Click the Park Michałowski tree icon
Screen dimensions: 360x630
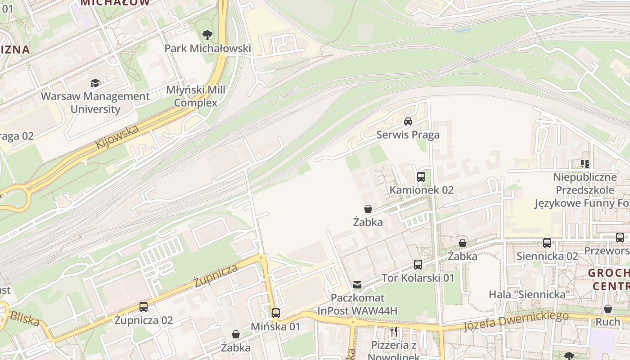(x=207, y=35)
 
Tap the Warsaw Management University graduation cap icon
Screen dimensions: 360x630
(x=95, y=83)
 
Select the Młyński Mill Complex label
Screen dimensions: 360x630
(x=196, y=96)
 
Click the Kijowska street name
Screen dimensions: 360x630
(x=117, y=137)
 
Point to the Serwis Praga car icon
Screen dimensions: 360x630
(x=408, y=121)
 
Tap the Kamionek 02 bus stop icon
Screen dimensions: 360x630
(x=421, y=177)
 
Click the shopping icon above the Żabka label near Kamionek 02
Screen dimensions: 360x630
(x=368, y=209)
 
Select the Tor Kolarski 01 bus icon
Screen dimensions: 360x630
(x=418, y=265)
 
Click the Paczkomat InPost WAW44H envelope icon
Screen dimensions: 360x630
(x=357, y=284)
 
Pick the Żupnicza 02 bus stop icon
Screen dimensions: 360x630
(x=144, y=307)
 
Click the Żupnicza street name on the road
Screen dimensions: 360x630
(x=216, y=275)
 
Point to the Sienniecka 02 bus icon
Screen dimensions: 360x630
(x=547, y=243)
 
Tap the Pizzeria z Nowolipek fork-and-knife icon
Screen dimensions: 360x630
(x=394, y=332)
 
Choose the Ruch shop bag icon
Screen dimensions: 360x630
(x=608, y=309)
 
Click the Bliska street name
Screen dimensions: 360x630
(x=25, y=318)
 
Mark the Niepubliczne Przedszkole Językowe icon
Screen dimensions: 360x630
(x=585, y=163)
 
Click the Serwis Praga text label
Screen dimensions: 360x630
(x=408, y=135)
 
